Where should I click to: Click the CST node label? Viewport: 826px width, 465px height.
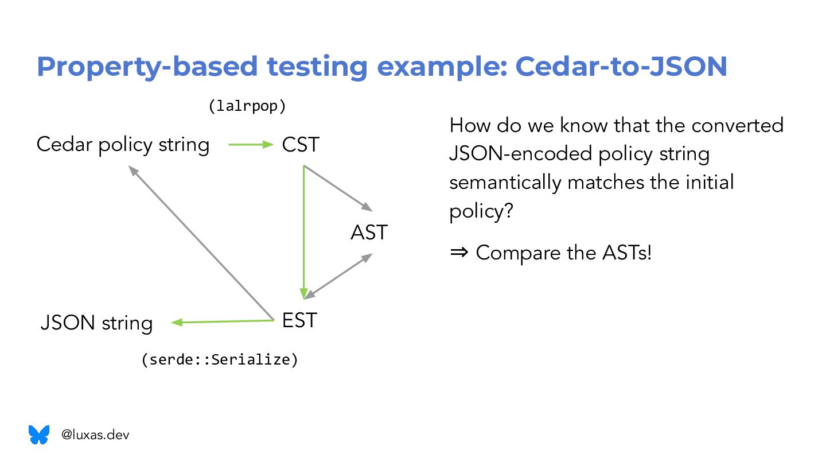pos(300,145)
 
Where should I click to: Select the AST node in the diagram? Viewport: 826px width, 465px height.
pos(369,232)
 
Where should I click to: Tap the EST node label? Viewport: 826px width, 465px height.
pos(299,320)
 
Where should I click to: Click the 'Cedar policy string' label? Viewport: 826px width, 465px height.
pos(123,145)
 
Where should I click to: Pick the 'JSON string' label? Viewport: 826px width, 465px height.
pos(96,323)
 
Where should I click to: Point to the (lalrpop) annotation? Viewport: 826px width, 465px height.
pos(247,106)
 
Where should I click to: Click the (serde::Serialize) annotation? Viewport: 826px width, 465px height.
pos(220,360)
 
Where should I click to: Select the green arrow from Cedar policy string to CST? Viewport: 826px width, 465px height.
pos(251,145)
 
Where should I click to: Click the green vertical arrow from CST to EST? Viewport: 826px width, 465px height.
pos(303,230)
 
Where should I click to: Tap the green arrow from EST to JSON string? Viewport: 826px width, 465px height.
pos(223,321)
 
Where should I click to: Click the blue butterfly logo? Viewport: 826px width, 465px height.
pos(39,435)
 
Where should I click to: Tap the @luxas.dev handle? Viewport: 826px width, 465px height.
pos(95,435)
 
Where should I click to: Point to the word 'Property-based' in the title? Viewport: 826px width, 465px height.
pos(147,67)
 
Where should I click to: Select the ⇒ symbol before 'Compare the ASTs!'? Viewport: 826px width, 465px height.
pos(459,252)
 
